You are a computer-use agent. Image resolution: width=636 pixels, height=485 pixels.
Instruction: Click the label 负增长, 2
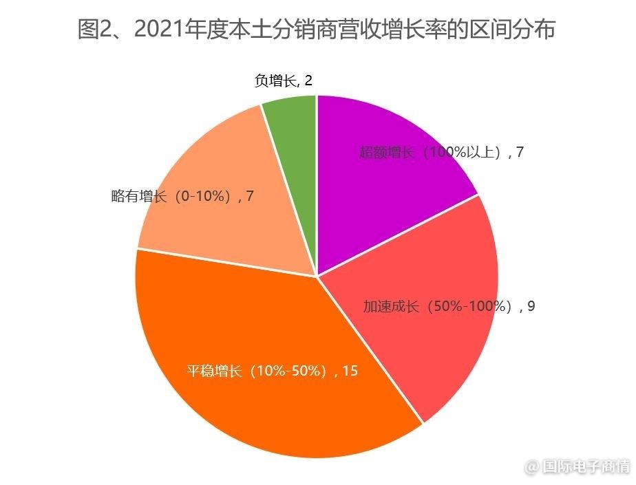[x=283, y=81]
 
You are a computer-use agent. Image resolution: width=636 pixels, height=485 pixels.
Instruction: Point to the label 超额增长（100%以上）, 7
[x=441, y=153]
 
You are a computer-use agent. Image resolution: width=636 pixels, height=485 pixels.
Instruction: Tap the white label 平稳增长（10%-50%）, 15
[x=272, y=371]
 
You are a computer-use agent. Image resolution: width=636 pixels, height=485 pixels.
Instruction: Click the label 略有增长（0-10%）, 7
[x=182, y=196]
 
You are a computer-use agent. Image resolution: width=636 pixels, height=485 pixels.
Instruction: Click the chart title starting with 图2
[x=317, y=30]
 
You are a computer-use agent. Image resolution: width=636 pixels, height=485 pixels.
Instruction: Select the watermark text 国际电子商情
[x=586, y=467]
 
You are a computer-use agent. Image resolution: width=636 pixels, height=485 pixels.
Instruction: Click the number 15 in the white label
[x=350, y=371]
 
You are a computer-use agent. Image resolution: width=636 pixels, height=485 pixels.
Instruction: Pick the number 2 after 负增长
[x=308, y=81]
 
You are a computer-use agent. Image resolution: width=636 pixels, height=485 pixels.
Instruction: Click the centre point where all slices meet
[x=317, y=277]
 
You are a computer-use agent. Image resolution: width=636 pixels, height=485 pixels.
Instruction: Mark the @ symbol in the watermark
[x=532, y=468]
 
